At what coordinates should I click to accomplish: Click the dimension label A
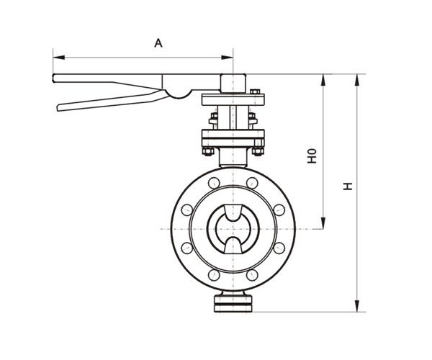point(158,43)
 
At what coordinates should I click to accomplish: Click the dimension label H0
point(312,156)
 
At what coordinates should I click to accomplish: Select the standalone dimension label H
point(348,186)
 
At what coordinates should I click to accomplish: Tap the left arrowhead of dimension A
point(59,58)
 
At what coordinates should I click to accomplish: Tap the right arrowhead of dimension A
point(228,58)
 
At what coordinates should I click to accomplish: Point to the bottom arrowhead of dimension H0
point(323,223)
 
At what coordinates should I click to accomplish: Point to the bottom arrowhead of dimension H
point(357,306)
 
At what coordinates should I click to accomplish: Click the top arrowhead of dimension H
point(357,80)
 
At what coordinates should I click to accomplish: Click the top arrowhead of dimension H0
point(323,80)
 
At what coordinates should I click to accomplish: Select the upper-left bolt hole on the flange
point(214,183)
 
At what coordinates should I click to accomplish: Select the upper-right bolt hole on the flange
point(252,183)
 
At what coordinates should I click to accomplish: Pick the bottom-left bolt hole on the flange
point(214,275)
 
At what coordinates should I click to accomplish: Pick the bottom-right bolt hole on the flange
point(252,275)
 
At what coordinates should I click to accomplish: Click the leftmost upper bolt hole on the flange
point(187,210)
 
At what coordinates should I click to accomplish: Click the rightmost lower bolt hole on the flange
point(279,248)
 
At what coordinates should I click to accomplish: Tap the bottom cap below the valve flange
point(233,302)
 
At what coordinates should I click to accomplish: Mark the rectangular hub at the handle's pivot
point(233,84)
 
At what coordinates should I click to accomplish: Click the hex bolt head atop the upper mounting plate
point(255,91)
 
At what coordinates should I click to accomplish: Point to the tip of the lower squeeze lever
point(58,108)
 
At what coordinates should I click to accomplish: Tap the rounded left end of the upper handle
point(54,78)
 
